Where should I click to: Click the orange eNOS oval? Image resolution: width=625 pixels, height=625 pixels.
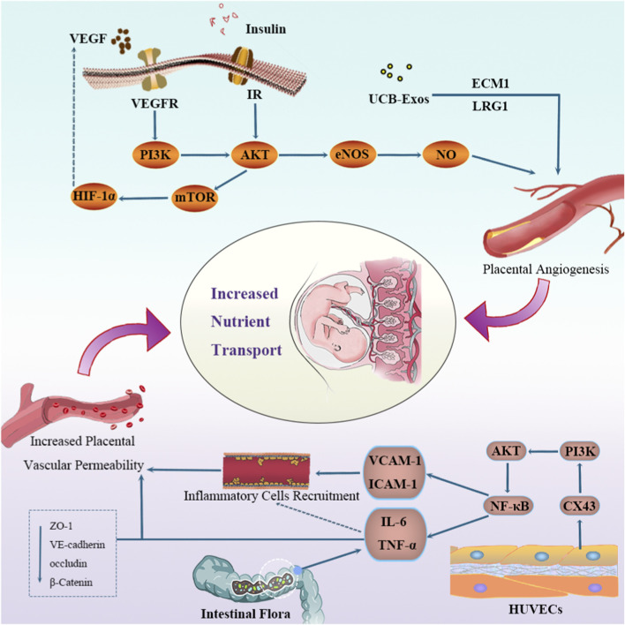pos(353,154)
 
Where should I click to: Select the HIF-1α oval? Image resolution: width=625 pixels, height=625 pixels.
pos(94,196)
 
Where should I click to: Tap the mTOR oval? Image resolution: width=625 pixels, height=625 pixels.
pos(195,198)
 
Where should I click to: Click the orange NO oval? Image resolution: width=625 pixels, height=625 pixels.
pos(446,154)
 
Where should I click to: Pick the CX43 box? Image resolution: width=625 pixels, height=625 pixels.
pos(580,506)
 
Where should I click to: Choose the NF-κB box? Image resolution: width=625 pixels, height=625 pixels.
pos(508,506)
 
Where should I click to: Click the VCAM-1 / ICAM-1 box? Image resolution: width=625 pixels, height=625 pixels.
pos(394,472)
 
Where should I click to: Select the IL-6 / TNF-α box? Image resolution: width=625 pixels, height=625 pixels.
pos(395,534)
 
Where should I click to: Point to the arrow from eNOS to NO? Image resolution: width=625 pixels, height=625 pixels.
pos(399,154)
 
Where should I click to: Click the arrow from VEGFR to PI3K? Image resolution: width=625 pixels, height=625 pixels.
pos(154,124)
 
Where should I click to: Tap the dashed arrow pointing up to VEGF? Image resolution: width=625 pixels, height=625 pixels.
pos(74,116)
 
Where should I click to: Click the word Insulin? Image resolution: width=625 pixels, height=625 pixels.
pos(266,29)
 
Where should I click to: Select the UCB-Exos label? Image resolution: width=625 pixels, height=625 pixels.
pos(399,99)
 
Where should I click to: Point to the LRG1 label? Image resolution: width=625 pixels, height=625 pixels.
pos(490,106)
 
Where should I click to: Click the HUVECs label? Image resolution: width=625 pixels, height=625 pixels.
pos(535,609)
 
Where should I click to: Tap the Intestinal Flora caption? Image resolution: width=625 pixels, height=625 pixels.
pos(245,614)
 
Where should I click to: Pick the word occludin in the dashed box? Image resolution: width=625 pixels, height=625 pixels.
pos(68,563)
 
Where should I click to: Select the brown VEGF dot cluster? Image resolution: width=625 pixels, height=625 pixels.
pos(121,41)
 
